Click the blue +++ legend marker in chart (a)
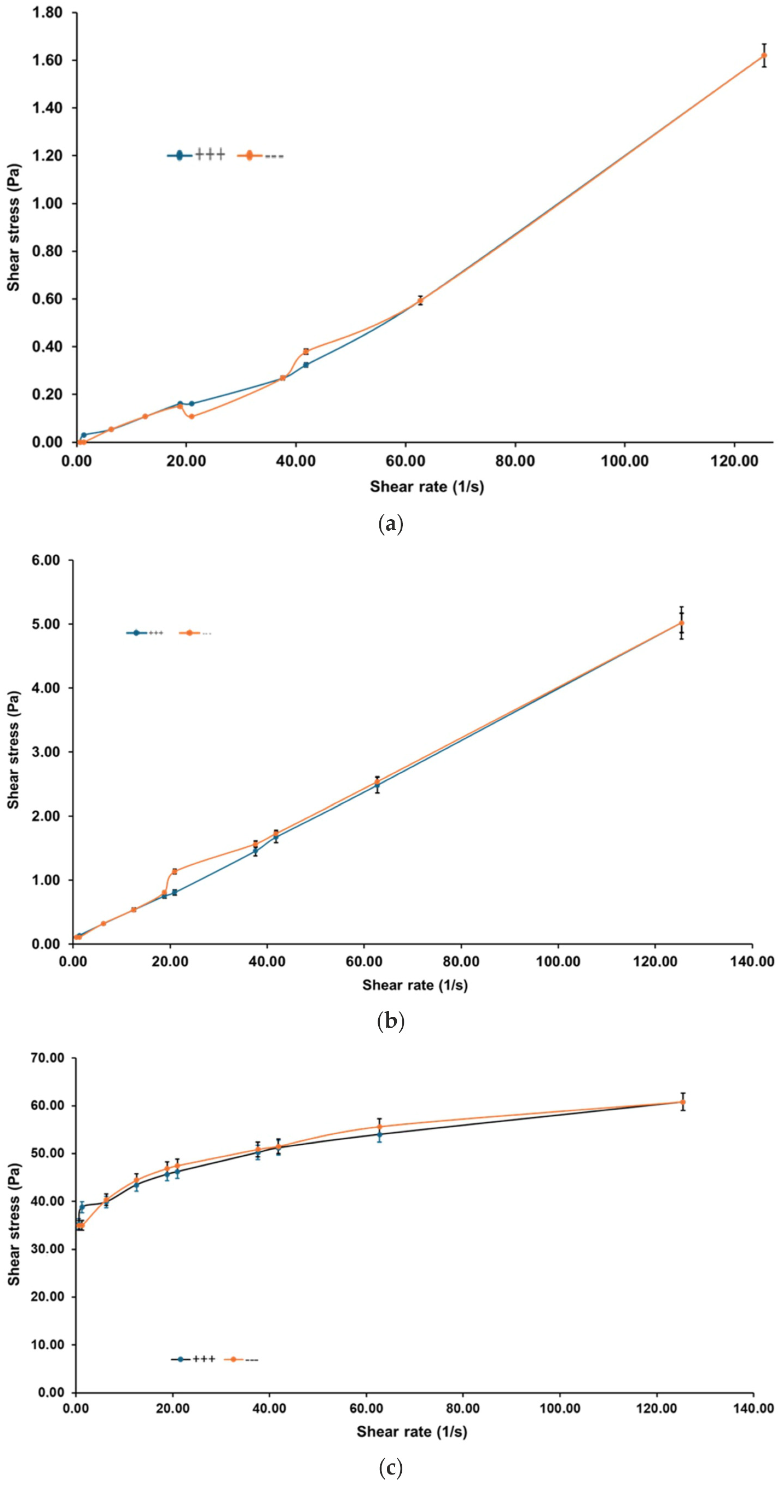(180, 155)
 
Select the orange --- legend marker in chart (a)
(249, 155)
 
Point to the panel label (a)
(390, 525)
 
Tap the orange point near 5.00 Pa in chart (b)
(681, 623)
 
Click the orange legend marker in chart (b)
(189, 633)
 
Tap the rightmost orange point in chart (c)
(682, 1102)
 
